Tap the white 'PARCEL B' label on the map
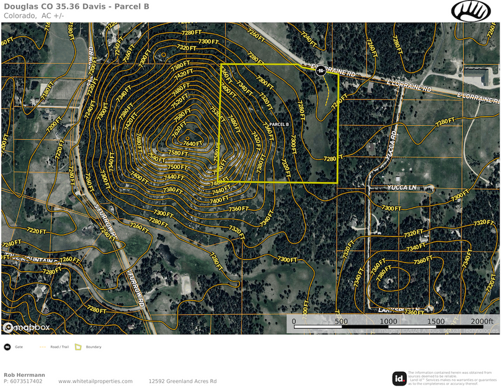(x=279, y=124)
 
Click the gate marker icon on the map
(x=321, y=71)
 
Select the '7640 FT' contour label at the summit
(x=193, y=143)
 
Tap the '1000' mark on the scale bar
(x=389, y=322)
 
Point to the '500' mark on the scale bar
(x=340, y=322)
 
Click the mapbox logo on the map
(x=26, y=327)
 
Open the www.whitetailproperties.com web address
(x=95, y=381)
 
